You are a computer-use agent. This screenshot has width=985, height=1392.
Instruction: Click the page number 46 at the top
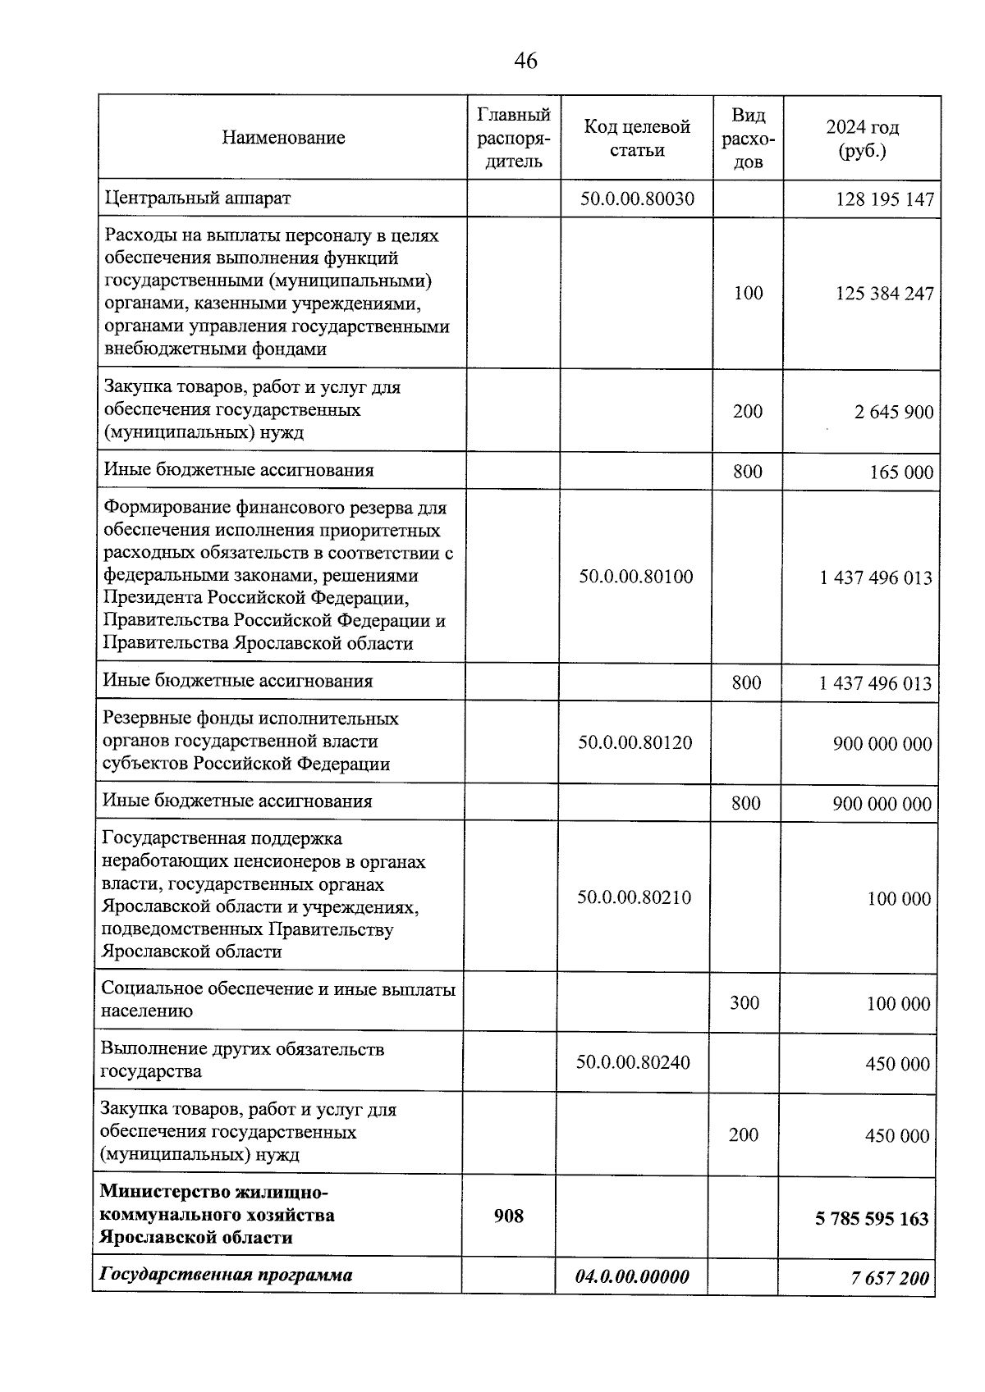pos(525,61)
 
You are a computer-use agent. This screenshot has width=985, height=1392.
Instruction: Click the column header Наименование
pos(283,138)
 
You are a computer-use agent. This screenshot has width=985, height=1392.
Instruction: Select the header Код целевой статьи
pos(637,138)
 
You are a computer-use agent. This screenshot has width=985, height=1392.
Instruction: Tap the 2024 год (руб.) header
pos(862,139)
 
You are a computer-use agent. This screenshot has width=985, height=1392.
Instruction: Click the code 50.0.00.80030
pos(637,199)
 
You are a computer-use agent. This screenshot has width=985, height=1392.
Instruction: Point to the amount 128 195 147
pos(885,200)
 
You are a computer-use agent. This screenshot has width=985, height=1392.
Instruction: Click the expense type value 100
pos(748,293)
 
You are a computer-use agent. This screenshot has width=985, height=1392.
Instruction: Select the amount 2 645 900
pos(894,412)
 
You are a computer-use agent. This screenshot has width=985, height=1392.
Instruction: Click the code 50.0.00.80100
pos(636,577)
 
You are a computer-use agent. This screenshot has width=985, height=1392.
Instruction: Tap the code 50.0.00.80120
pos(635,743)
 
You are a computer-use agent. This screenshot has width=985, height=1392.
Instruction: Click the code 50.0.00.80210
pos(635,897)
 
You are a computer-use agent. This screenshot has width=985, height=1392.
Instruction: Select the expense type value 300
pos(744,1002)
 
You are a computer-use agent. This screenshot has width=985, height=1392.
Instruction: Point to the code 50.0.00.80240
pos(634,1062)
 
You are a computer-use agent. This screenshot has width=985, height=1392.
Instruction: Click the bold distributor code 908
pos(509,1216)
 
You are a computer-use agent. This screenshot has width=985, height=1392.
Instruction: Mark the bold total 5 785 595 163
pos(872,1219)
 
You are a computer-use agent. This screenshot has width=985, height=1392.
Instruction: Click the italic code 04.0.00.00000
pos(632,1276)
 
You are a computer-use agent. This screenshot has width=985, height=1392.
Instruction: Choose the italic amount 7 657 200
pos(890,1278)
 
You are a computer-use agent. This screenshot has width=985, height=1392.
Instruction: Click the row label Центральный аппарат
pos(197,198)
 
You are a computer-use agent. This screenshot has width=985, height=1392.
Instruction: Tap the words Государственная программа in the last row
pos(226,1275)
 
